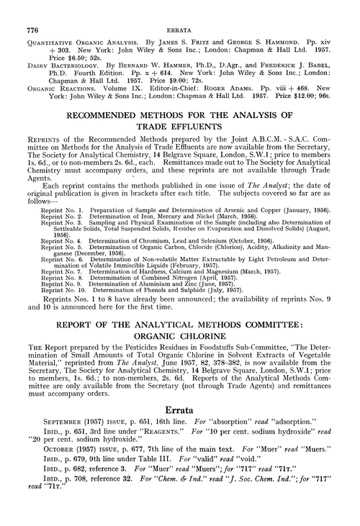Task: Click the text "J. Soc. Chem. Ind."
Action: [x=238, y=502]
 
